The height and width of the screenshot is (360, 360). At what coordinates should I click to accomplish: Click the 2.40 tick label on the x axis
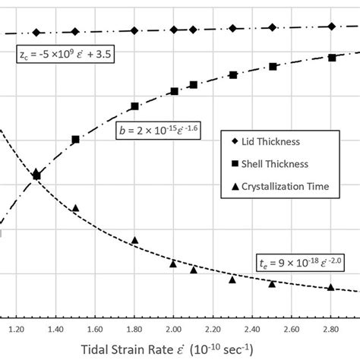pos(251,330)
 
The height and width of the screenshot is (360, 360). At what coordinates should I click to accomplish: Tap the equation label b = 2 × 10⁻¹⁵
pos(148,130)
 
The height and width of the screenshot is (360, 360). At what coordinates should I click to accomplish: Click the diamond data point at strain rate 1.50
pos(75,32)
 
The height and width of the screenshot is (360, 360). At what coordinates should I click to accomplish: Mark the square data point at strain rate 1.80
pos(134,106)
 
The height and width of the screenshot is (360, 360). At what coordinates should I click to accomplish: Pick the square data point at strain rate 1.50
pos(75,140)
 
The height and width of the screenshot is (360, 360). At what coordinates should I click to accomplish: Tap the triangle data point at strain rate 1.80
pos(134,241)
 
